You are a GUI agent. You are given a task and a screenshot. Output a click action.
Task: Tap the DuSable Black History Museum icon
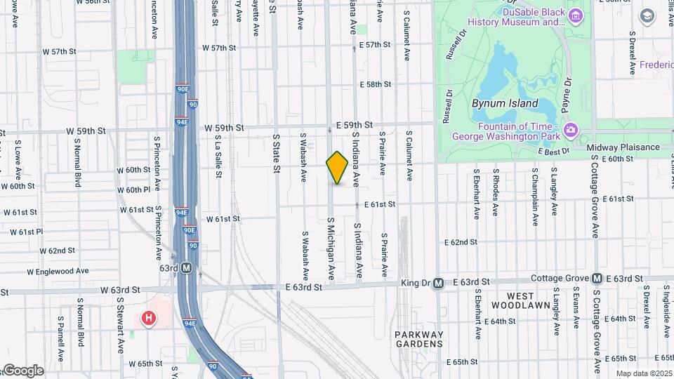click(576, 15)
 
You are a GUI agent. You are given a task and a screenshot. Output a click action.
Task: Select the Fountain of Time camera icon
click(570, 130)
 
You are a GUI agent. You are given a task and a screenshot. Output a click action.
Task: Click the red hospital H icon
click(149, 319)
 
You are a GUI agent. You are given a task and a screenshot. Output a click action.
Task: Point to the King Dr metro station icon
click(438, 284)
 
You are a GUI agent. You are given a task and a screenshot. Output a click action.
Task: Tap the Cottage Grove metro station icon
click(597, 279)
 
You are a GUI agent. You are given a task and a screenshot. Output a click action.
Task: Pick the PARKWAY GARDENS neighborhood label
click(418, 339)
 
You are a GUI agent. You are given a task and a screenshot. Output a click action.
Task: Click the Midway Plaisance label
click(623, 147)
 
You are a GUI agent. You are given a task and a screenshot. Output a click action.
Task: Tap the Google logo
click(22, 370)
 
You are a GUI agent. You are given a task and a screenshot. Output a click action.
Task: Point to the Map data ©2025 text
click(644, 373)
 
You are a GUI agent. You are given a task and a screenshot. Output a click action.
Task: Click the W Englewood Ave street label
click(58, 271)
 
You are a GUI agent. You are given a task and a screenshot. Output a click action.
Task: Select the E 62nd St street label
click(461, 242)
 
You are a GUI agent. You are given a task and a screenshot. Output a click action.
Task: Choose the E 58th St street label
click(375, 84)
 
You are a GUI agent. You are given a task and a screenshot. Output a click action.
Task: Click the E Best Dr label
click(553, 151)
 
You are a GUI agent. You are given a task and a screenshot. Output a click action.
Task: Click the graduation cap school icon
click(646, 15)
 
